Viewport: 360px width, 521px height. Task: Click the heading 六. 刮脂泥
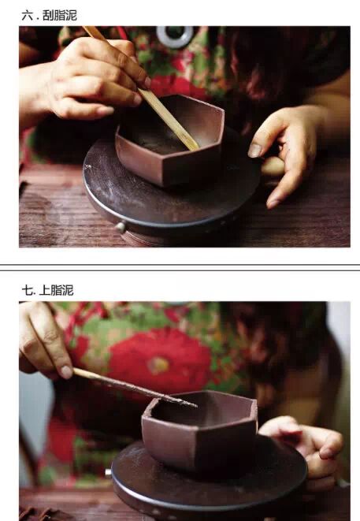(x=49, y=15)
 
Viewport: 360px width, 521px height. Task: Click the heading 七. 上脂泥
(x=47, y=290)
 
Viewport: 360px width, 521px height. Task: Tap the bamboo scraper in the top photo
(x=141, y=89)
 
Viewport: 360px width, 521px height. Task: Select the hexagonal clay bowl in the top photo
(x=169, y=140)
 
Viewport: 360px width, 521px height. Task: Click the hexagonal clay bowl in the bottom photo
(x=199, y=429)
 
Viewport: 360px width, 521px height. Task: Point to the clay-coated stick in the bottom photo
(x=135, y=388)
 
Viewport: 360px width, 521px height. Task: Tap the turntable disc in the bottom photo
(x=209, y=478)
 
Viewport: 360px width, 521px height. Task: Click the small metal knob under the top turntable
(x=121, y=227)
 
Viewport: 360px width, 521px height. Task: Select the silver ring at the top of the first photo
(x=175, y=36)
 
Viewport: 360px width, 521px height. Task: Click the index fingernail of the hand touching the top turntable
(x=254, y=151)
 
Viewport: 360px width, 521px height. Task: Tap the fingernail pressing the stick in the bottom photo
(x=67, y=372)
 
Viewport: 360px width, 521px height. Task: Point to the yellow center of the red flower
(x=159, y=366)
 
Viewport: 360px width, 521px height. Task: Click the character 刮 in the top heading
(x=49, y=15)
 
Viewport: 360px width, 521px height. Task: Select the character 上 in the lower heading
(x=44, y=290)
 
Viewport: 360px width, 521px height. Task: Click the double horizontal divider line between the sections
(x=180, y=267)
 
